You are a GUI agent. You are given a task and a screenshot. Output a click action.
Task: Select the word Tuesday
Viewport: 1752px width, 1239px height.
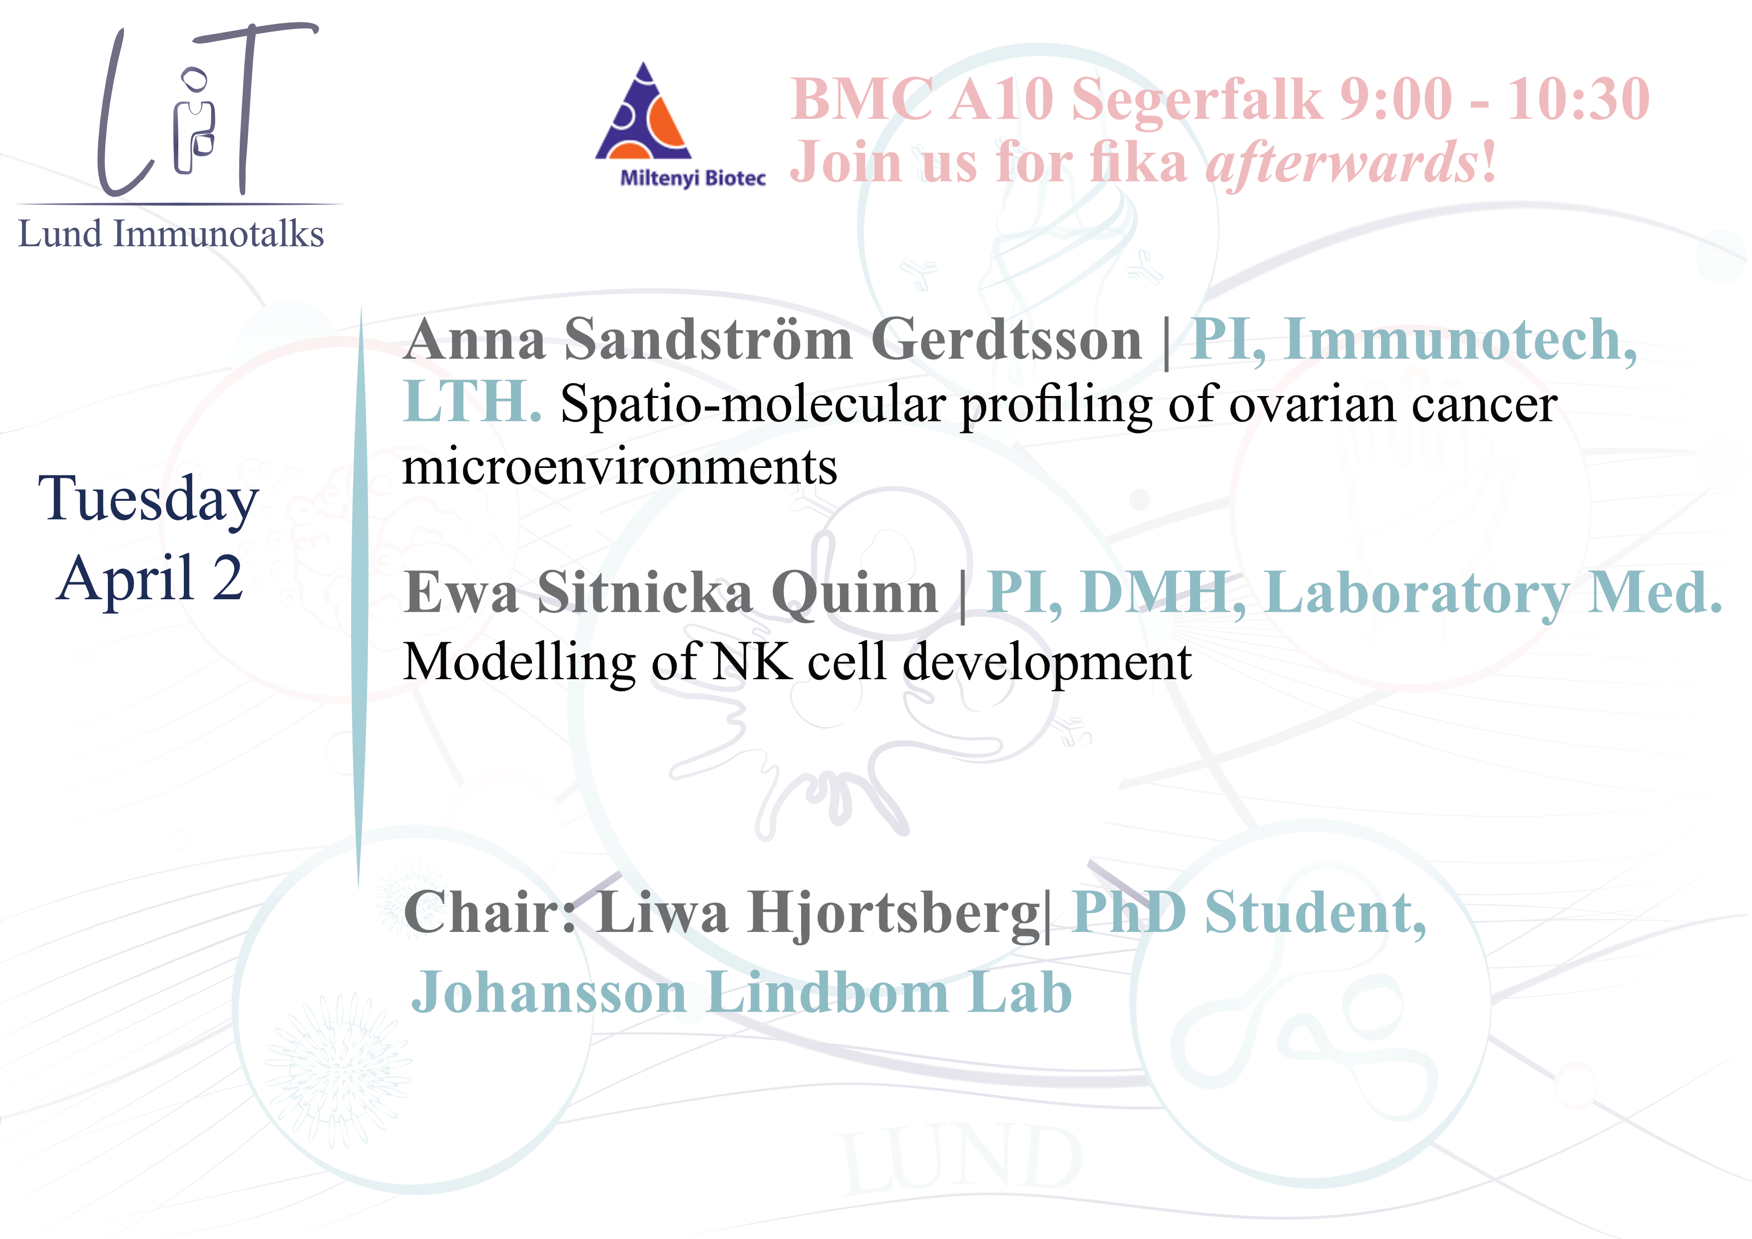point(149,500)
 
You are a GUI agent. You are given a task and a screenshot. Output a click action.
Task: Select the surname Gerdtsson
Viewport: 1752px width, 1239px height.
point(1006,340)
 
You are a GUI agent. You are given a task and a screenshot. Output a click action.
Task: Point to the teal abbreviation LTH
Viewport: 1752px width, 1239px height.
point(471,402)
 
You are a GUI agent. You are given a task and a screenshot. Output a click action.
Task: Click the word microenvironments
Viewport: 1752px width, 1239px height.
point(620,467)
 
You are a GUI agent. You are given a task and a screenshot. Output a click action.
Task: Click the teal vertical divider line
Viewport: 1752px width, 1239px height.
point(360,599)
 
